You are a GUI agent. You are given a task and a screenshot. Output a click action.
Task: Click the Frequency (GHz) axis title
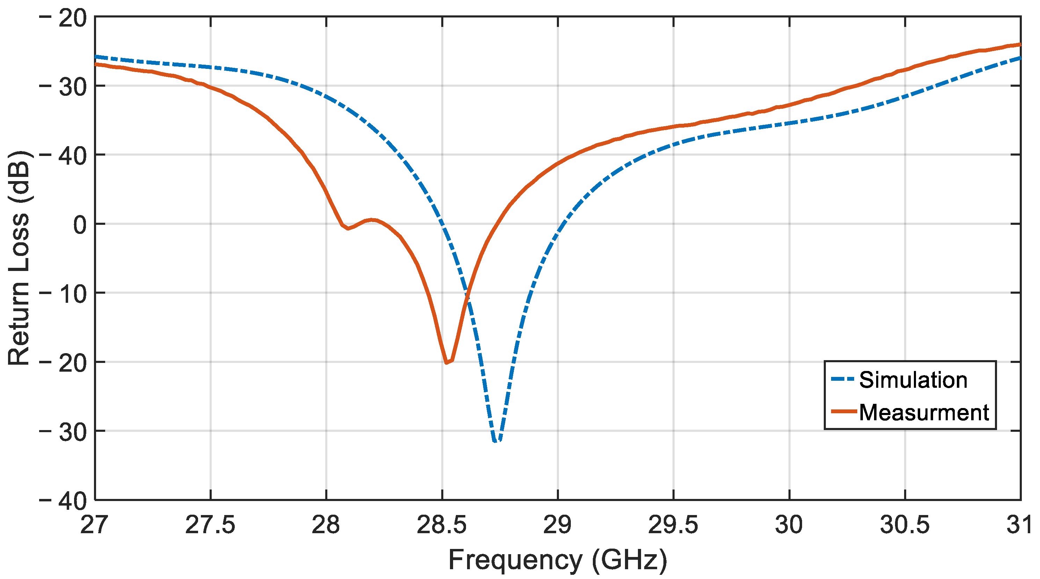pyautogui.click(x=558, y=560)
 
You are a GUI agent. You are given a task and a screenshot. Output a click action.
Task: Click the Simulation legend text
pyautogui.click(x=913, y=380)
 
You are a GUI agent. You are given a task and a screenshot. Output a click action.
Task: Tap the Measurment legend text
pyautogui.click(x=924, y=413)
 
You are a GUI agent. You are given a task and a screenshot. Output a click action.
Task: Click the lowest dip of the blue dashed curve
pyautogui.click(x=496, y=441)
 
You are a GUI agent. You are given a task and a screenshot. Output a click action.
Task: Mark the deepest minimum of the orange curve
pyautogui.click(x=446, y=363)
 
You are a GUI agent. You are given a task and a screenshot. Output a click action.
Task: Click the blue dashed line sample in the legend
pyautogui.click(x=843, y=379)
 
